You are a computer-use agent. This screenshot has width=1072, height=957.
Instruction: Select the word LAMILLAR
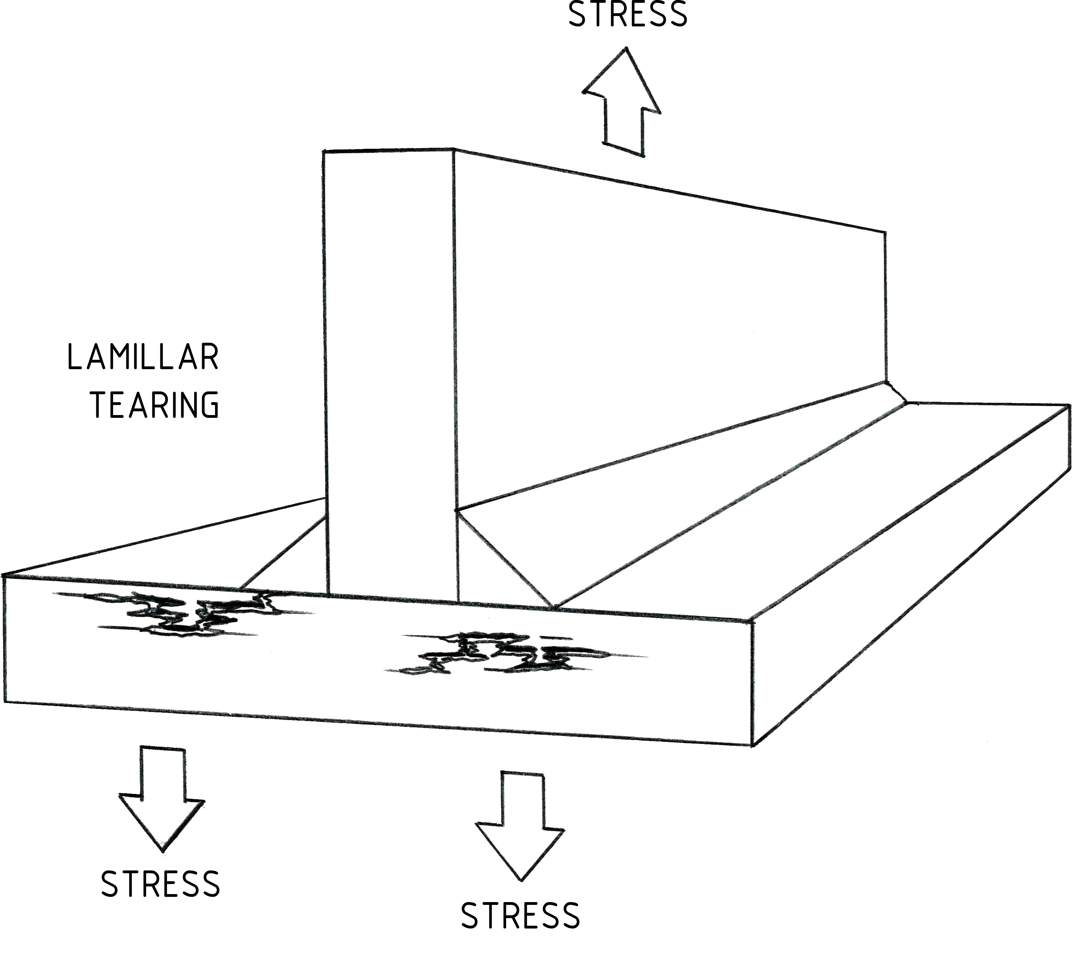click(x=143, y=358)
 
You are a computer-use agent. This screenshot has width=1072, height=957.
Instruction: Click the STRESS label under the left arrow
click(x=160, y=884)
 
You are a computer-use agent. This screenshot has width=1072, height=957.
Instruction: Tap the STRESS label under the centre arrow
click(x=521, y=916)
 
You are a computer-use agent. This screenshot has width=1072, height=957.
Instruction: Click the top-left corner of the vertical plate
click(x=323, y=152)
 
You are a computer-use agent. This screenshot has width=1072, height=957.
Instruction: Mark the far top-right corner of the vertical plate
click(x=885, y=232)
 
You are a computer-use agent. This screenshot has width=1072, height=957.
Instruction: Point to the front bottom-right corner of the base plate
click(x=752, y=746)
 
